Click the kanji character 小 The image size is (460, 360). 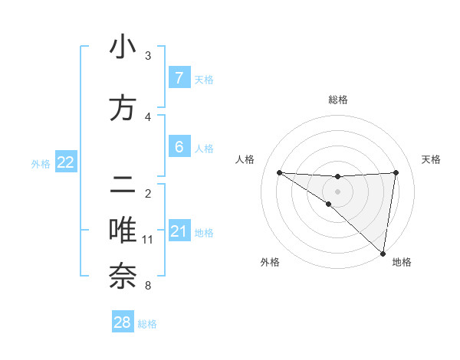click(123, 47)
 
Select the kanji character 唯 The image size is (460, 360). click(123, 231)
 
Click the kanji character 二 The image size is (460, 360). click(123, 185)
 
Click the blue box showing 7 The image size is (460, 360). click(179, 78)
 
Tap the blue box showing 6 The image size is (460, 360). click(179, 147)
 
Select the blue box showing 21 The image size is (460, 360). click(179, 231)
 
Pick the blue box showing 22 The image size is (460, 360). click(65, 162)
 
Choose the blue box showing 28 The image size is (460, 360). click(123, 322)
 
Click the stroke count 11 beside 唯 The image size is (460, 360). click(147, 240)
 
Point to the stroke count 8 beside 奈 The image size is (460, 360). click(147, 286)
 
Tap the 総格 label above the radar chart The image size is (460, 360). click(337, 100)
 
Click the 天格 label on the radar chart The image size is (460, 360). click(431, 159)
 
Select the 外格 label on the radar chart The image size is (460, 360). click(270, 262)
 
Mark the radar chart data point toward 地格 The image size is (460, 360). click(383, 253)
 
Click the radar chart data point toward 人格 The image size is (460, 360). click(279, 172)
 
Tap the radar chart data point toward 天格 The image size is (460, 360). click(396, 172)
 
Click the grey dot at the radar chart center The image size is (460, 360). click(337, 191)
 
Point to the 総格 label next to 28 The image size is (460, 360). click(147, 324)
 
